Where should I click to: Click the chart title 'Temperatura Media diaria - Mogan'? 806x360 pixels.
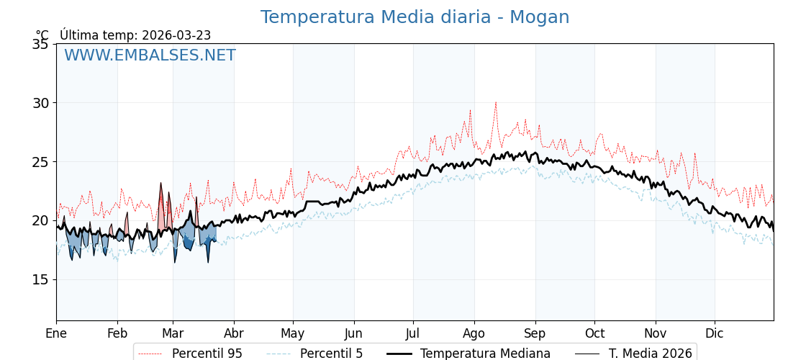point(415,17)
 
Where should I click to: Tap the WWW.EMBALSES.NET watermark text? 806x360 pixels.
point(150,55)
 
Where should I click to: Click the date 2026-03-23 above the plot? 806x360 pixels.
point(176,35)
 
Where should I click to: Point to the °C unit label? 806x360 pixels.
point(42,35)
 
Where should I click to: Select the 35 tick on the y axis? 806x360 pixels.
point(41,44)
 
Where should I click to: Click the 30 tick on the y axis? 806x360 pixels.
point(41,103)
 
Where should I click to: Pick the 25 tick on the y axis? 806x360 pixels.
point(41,162)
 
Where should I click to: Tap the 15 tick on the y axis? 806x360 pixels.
point(41,279)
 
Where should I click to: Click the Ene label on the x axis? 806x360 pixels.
point(56,333)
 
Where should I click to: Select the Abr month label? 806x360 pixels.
point(234,333)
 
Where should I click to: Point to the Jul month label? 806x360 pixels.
point(413,333)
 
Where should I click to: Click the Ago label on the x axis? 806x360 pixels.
point(474,333)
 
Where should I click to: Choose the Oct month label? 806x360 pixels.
point(594,333)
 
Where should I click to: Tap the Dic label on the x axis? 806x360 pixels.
point(715,333)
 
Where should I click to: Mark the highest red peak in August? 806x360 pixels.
point(495,102)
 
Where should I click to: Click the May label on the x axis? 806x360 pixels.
point(293,333)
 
